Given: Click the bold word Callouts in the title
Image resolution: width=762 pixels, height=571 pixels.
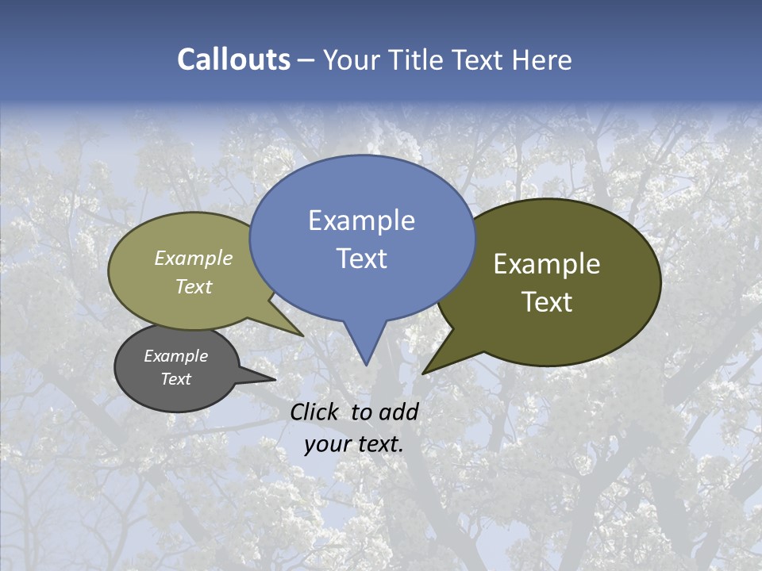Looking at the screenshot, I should (233, 59).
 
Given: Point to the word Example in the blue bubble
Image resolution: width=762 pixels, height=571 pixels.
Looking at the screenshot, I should (361, 220).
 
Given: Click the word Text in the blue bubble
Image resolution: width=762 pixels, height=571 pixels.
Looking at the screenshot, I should (361, 259).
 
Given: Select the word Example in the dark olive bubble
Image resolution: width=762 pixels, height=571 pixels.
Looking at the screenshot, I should (547, 264).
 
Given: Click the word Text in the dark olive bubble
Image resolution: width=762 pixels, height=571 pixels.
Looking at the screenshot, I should (547, 302).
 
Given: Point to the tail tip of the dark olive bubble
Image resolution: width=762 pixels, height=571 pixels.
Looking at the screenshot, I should (425, 371).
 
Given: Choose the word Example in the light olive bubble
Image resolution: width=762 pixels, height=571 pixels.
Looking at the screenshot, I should (194, 258).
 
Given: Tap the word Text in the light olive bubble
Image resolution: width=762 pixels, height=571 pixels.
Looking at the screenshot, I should (194, 286).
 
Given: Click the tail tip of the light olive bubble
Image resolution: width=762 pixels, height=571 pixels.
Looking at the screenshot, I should (301, 334).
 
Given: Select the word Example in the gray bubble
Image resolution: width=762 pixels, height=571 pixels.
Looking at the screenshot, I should (175, 356).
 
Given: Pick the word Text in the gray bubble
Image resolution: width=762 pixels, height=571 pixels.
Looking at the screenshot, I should (175, 379).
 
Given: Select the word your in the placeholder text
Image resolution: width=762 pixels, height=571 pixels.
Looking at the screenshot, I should (327, 444).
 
